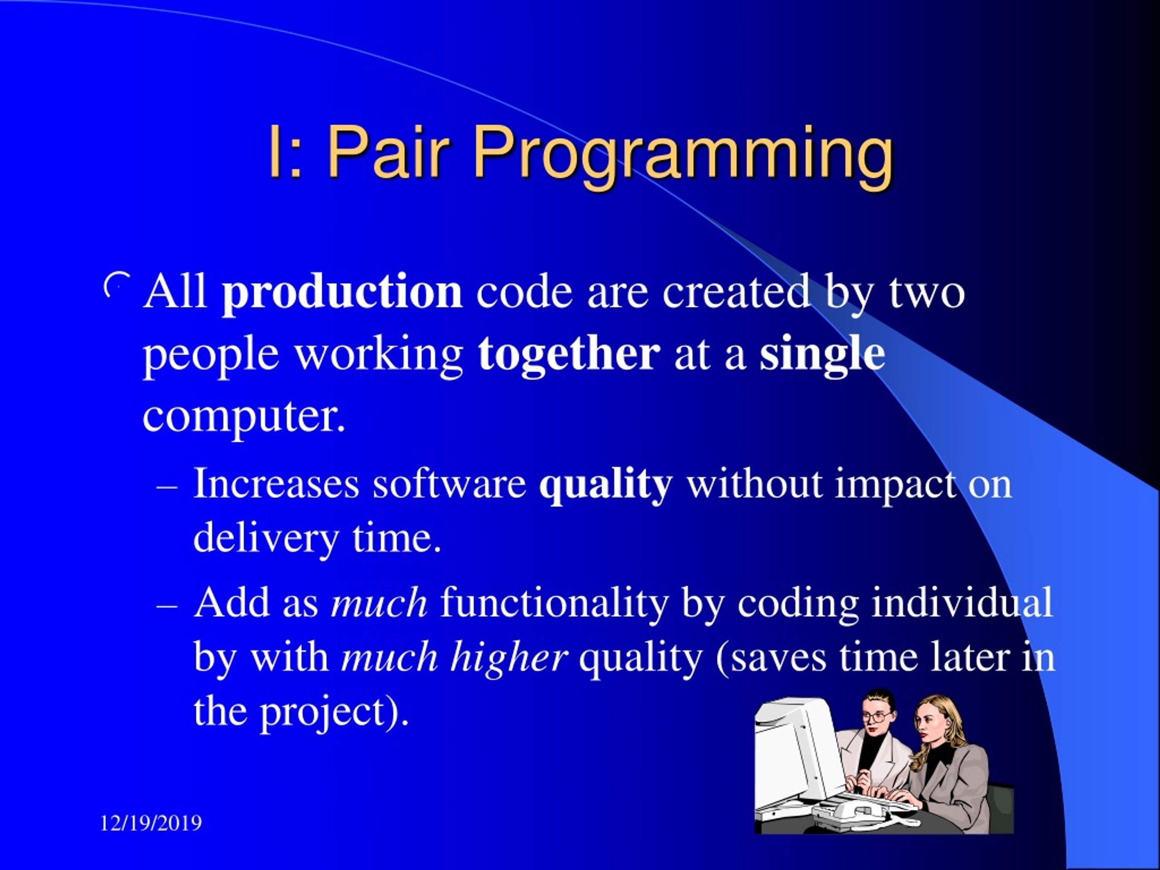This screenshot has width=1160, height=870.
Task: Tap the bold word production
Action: (x=342, y=293)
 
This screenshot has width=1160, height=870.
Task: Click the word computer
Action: (x=244, y=417)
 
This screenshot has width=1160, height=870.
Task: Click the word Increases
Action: (x=276, y=483)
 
